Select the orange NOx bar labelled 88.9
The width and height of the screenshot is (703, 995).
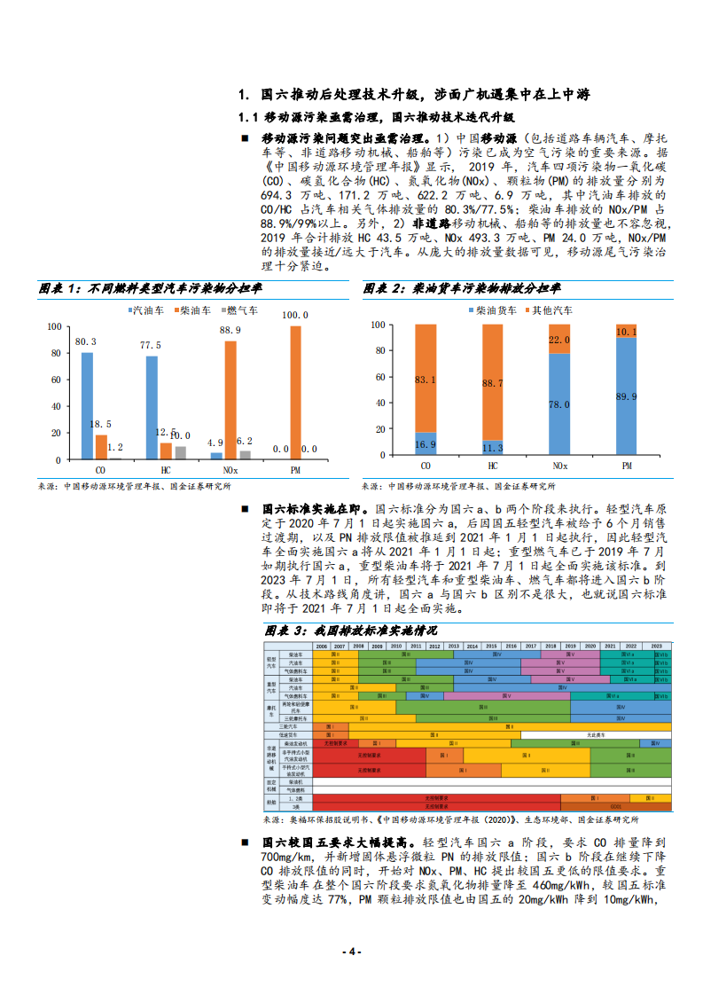point(230,400)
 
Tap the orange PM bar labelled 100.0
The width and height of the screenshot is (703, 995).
point(295,392)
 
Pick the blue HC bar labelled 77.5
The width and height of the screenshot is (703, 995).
point(152,407)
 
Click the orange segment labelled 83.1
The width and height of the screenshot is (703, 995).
point(426,379)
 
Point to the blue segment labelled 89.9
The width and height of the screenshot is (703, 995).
point(626,397)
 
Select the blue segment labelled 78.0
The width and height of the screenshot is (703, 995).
point(559,403)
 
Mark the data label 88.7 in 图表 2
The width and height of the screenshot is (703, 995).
point(493,383)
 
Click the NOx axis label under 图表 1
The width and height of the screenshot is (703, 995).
point(230,467)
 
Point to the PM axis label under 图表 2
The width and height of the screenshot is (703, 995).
point(626,466)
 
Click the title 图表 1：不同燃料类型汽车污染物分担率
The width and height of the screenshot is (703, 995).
point(151,288)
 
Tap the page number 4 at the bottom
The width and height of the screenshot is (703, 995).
point(351,952)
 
